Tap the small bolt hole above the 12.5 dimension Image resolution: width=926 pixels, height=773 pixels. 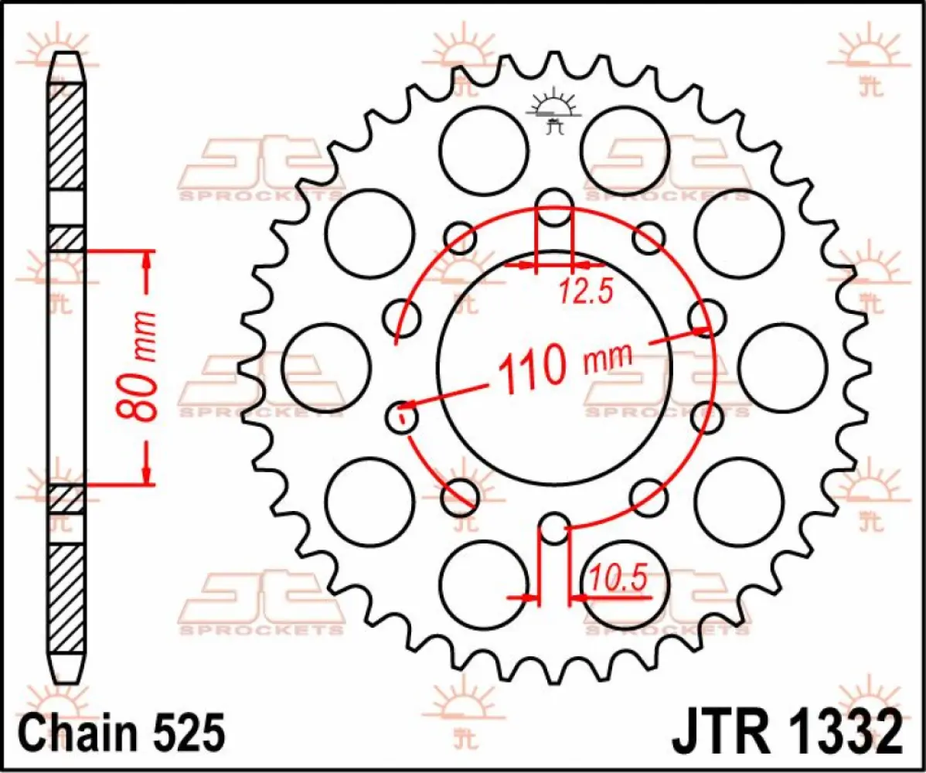coord(553,207)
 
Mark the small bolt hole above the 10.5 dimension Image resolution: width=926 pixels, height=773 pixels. coord(553,529)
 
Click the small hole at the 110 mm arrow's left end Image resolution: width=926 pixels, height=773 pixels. coord(402,418)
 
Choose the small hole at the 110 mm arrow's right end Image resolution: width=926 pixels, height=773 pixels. coord(705,318)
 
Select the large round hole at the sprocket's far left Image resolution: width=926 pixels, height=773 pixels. coord(326,367)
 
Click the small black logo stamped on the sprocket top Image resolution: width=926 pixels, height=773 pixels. coord(553,113)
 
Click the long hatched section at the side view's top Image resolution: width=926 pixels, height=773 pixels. coord(67,135)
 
